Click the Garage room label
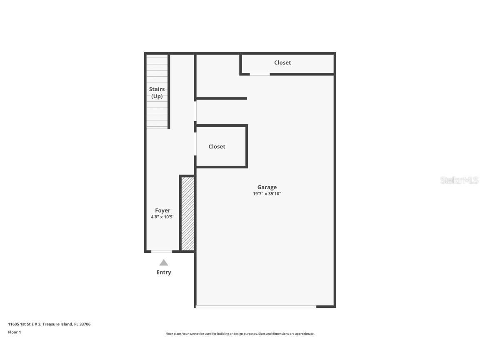pyautogui.click(x=267, y=187)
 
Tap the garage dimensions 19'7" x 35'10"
pyautogui.click(x=267, y=194)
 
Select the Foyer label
pyautogui.click(x=162, y=210)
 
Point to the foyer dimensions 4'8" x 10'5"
pyautogui.click(x=162, y=217)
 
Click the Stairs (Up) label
pyautogui.click(x=157, y=92)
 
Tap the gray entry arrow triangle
pyautogui.click(x=164, y=263)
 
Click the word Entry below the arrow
pyautogui.click(x=164, y=272)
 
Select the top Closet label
pyautogui.click(x=282, y=62)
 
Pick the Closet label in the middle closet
pyautogui.click(x=217, y=147)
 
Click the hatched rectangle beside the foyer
pyautogui.click(x=187, y=213)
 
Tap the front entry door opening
pyautogui.click(x=162, y=251)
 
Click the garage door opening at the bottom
pyautogui.click(x=256, y=307)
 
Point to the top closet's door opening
pyautogui.click(x=260, y=74)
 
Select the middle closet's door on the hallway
pyautogui.click(x=195, y=144)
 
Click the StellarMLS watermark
pyautogui.click(x=459, y=180)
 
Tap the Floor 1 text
pyautogui.click(x=14, y=332)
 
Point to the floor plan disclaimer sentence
pyautogui.click(x=240, y=334)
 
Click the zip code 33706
pyautogui.click(x=85, y=324)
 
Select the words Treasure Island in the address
pyautogui.click(x=57, y=324)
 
